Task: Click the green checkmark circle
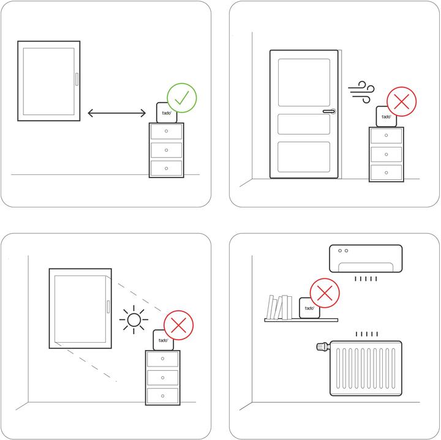(x=182, y=99)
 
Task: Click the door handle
(x=329, y=111)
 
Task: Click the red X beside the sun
(x=178, y=325)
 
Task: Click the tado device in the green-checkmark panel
(x=166, y=113)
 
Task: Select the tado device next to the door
(x=386, y=116)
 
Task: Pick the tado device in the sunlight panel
(x=163, y=340)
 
